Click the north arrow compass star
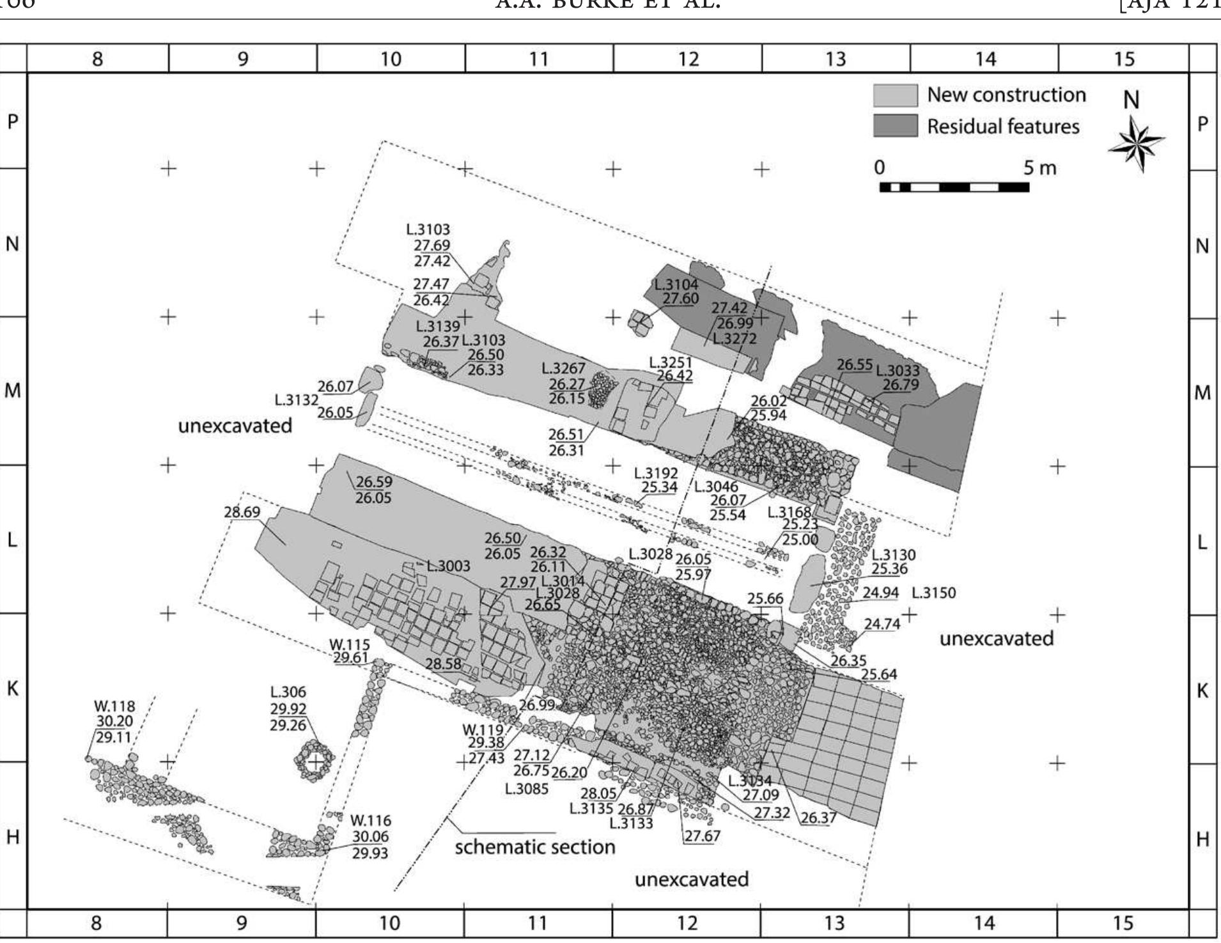coord(1136,144)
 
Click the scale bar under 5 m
coord(954,187)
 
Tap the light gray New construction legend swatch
coord(895,95)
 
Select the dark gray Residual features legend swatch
coord(895,126)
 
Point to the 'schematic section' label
coord(534,848)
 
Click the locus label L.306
coord(288,692)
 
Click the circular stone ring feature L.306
coord(315,761)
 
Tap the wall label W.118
coord(115,706)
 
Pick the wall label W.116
coord(371,821)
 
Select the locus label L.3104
coord(676,284)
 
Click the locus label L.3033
coord(898,371)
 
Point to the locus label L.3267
coord(563,369)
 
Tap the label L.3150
coord(933,593)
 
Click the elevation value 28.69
coord(242,512)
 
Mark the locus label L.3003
coord(449,566)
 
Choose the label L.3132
coord(296,400)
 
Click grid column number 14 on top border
coord(985,59)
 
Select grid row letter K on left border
coord(13,689)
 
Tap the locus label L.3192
coord(656,473)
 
